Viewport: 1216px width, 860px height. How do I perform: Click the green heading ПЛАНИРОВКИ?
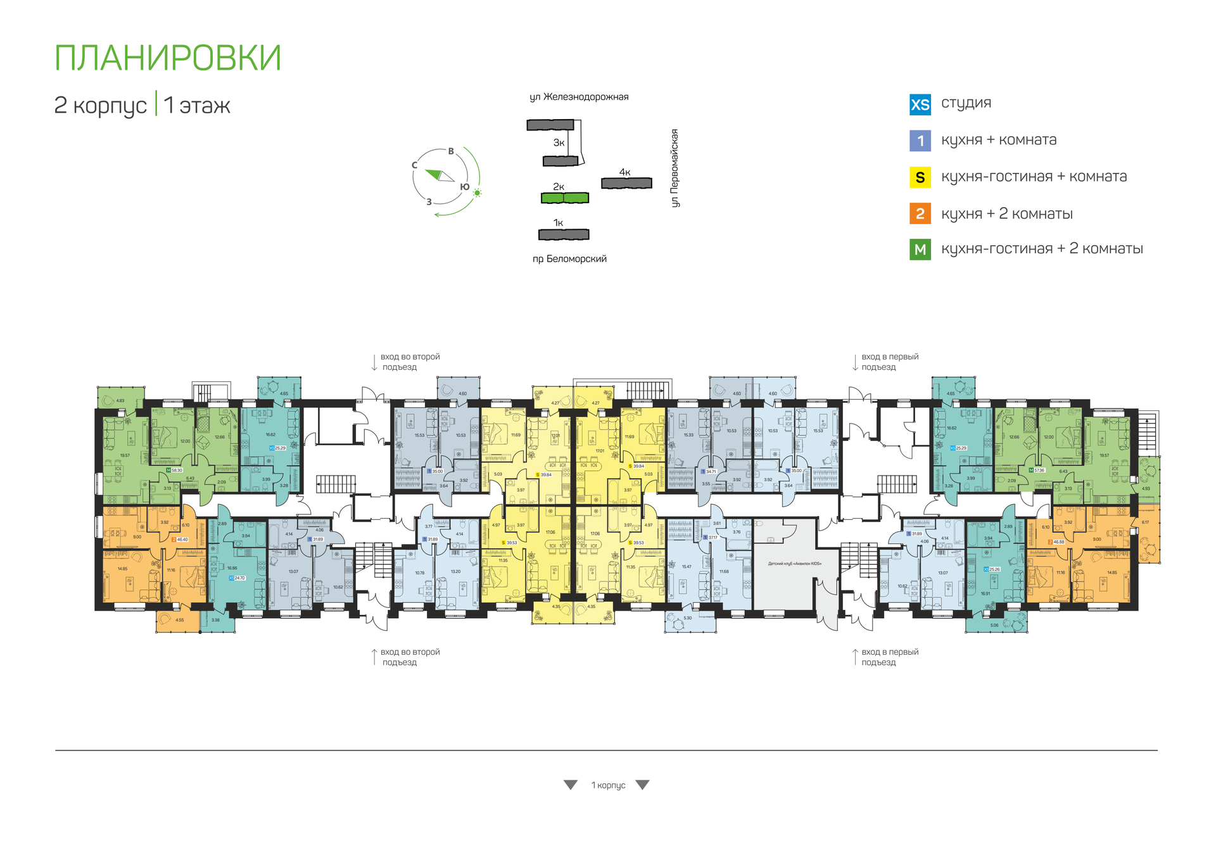(168, 58)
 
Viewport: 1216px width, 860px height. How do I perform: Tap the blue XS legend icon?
(920, 104)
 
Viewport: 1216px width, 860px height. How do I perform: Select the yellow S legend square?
(920, 178)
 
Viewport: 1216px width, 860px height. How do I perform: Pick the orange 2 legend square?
(920, 214)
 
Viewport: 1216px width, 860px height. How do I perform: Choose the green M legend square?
(920, 250)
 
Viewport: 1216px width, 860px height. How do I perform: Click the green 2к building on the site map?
(564, 198)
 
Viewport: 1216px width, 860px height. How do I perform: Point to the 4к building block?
(626, 183)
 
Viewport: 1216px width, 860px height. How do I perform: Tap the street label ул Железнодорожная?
(579, 97)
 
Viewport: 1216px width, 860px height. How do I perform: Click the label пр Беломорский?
(569, 259)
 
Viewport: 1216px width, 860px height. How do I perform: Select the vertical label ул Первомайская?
(674, 168)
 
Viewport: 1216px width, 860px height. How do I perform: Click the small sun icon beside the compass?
(477, 193)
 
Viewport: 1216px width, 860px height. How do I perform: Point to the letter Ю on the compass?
(464, 187)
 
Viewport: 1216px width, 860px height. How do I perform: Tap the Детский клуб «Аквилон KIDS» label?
(794, 564)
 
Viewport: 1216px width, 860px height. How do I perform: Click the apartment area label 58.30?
(177, 471)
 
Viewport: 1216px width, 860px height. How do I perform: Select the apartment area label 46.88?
(1058, 542)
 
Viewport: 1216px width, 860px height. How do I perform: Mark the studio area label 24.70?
(239, 578)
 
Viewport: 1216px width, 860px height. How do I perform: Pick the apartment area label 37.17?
(712, 538)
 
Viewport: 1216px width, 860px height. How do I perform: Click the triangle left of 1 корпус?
(571, 785)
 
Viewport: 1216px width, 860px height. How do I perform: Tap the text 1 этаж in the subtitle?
(197, 106)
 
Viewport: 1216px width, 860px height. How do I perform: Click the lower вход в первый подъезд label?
(889, 657)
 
